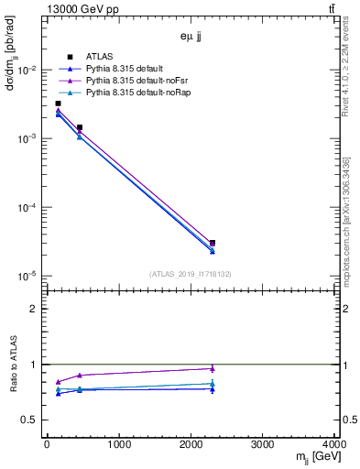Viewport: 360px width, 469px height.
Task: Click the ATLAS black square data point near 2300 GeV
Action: point(213,243)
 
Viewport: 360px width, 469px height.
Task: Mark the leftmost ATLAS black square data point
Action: point(58,104)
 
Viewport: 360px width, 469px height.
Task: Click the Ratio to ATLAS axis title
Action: point(13,365)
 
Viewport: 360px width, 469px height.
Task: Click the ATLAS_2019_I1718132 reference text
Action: point(191,273)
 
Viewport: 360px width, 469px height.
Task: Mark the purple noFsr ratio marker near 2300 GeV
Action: point(213,368)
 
